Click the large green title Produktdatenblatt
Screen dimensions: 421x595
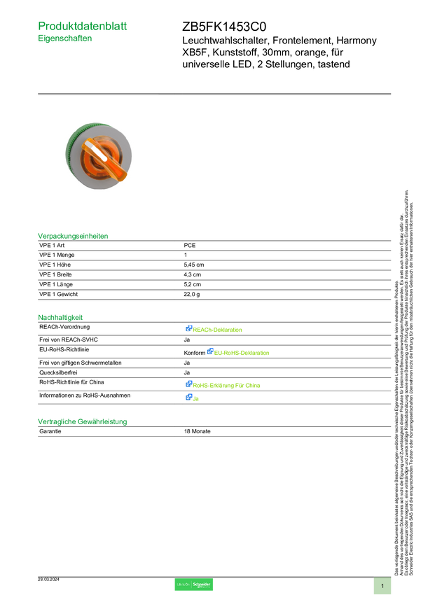83,27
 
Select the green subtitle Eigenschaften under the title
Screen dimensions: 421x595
65,40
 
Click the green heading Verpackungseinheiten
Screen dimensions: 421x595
73,236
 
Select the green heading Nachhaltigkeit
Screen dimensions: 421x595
60,317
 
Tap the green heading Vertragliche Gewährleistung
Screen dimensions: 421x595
82,421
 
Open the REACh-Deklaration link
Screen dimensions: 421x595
219,329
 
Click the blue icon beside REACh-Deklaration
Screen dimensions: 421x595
189,328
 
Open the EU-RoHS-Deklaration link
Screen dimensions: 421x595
242,353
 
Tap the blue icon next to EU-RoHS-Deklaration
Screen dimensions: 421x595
209,352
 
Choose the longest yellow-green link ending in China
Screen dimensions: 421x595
227,385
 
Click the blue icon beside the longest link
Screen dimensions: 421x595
189,384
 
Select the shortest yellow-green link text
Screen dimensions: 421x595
197,398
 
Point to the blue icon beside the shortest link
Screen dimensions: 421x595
189,398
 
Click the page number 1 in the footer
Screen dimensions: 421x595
382,585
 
